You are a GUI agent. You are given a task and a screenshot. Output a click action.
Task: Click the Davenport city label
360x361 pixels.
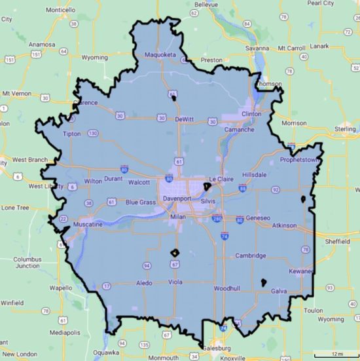[x=176, y=198]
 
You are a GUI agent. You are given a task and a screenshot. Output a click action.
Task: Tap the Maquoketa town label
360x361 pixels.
[x=160, y=55]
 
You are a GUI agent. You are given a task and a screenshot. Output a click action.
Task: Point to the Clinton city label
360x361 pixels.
[x=251, y=114]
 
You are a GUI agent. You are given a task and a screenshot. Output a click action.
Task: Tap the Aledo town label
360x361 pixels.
[x=144, y=283]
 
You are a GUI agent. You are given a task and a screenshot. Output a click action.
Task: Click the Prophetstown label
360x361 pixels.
[x=298, y=159]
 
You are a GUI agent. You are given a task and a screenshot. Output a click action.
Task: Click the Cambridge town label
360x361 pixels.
[x=251, y=256]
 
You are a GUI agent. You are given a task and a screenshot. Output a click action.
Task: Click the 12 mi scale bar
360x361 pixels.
[x=336, y=354]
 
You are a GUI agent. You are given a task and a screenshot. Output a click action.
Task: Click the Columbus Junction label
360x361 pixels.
[x=32, y=263]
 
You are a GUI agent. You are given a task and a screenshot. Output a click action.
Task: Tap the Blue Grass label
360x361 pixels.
[x=141, y=202]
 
